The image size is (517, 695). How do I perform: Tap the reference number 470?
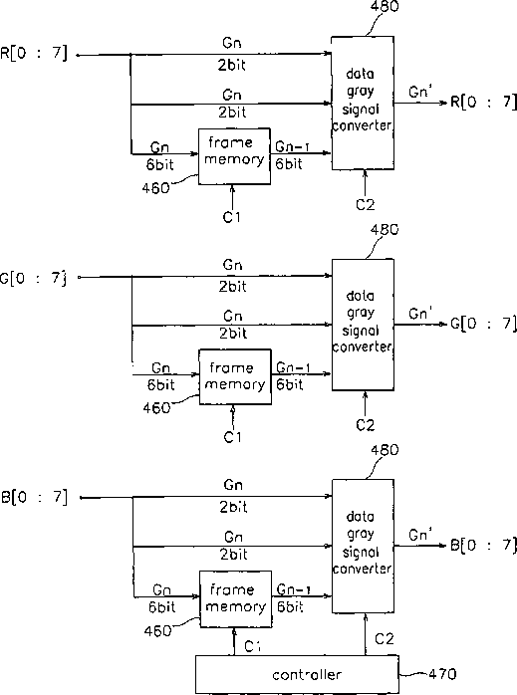tap(442, 674)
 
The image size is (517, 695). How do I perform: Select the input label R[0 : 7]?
tap(34, 53)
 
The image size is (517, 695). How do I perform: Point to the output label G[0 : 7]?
tap(484, 324)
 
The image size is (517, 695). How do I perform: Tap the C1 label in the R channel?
tap(231, 217)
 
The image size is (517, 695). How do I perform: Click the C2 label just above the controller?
tap(384, 638)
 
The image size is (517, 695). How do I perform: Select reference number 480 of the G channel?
tap(385, 229)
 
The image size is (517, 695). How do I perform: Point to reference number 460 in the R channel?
tap(155, 188)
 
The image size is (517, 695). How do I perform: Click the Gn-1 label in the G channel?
tap(293, 367)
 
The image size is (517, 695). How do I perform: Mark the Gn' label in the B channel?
tap(420, 534)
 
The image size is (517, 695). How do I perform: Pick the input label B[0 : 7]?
tap(35, 497)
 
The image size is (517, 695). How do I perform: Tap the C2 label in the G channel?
tap(365, 425)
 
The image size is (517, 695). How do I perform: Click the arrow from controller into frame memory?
tap(234, 641)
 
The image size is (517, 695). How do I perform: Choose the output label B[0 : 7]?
tap(484, 545)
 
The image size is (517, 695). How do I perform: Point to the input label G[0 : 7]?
tap(33, 279)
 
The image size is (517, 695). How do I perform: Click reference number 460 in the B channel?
tap(157, 630)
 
